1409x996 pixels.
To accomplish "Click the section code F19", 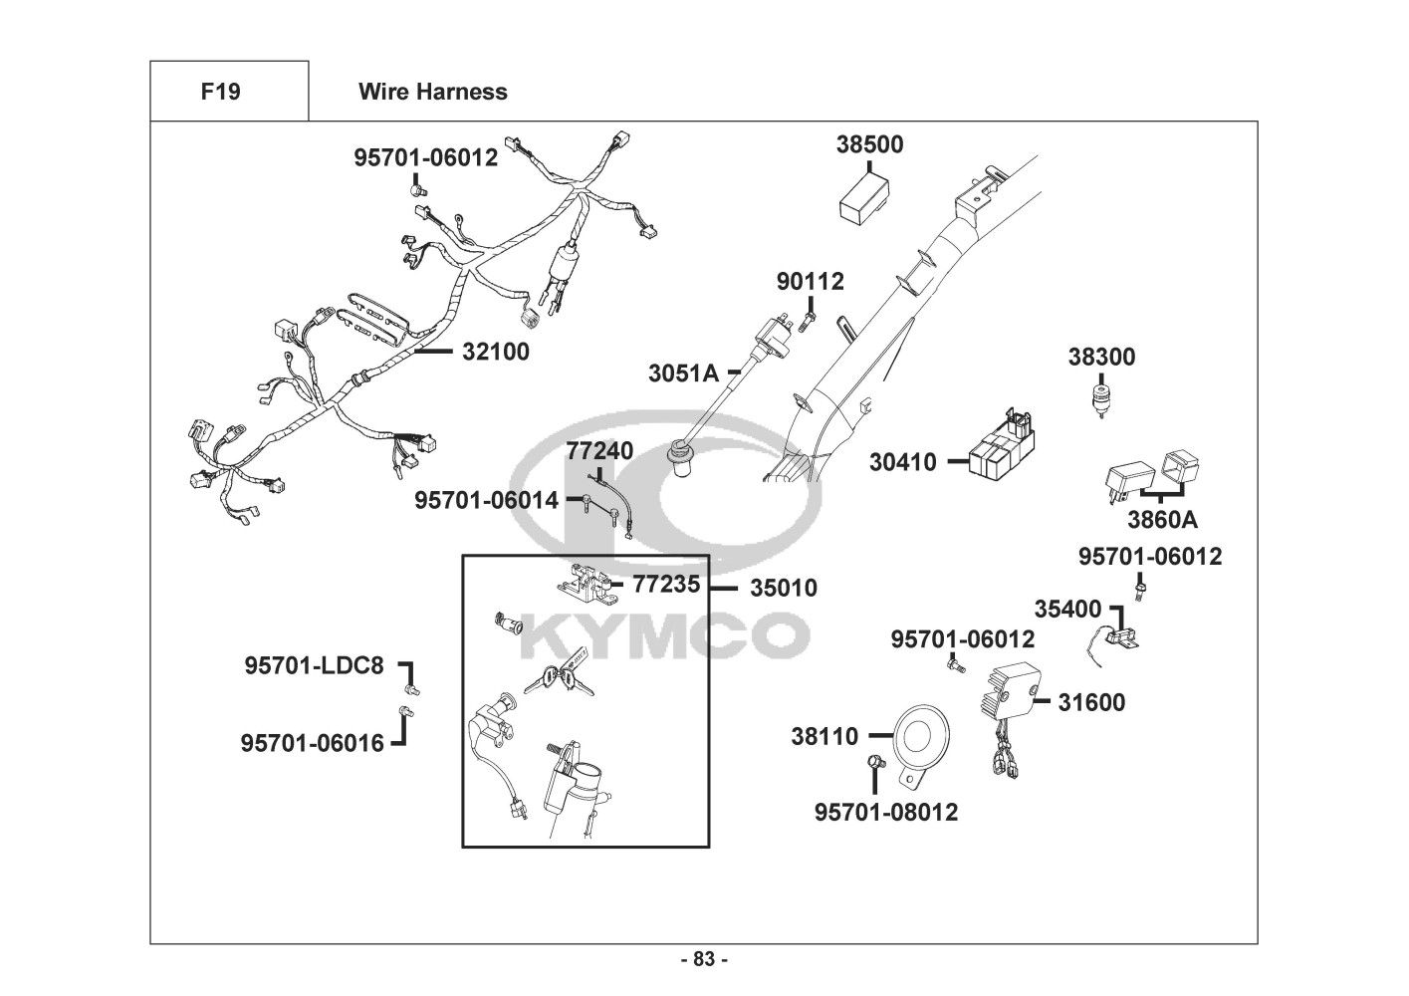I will click(x=220, y=92).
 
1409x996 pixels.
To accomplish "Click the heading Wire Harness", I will click(x=432, y=92).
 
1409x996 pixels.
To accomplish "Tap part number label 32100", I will click(x=495, y=352).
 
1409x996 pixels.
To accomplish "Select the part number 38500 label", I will click(x=869, y=144).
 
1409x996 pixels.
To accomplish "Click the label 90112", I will click(x=810, y=282).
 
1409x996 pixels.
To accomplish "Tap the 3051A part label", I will click(x=683, y=373).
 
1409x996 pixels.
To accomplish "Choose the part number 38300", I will click(x=1101, y=357).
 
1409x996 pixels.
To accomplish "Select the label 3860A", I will click(x=1162, y=520).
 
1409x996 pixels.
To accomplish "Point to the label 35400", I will click(x=1067, y=609).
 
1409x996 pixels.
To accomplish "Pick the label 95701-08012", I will click(x=886, y=813).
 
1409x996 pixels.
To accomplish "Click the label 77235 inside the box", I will click(x=666, y=585).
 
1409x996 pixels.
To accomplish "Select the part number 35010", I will click(x=783, y=589).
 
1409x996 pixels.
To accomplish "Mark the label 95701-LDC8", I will click(x=314, y=666).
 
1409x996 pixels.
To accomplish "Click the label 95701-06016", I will click(x=312, y=743).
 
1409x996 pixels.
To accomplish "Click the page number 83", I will click(x=704, y=960).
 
